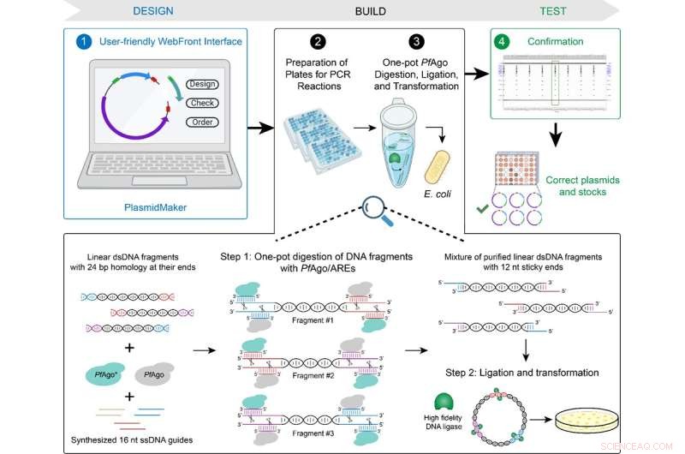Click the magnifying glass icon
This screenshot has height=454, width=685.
pyautogui.click(x=372, y=206)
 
